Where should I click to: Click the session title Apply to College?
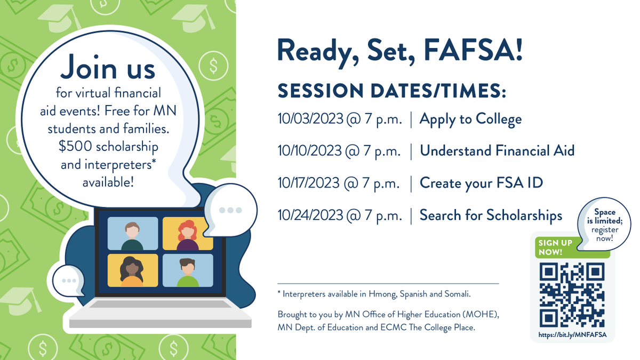pyautogui.click(x=470, y=119)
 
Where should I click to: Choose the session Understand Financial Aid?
pyautogui.click(x=497, y=151)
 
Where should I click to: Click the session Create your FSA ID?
pyautogui.click(x=481, y=183)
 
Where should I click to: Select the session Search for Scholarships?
pyautogui.click(x=491, y=215)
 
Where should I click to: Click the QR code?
pyautogui.click(x=572, y=295)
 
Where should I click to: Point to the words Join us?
pyautogui.click(x=108, y=68)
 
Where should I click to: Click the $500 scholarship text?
pyautogui.click(x=109, y=147)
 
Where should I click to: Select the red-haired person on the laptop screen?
pyautogui.click(x=187, y=235)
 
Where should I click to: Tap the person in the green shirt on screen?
pyautogui.click(x=187, y=272)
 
